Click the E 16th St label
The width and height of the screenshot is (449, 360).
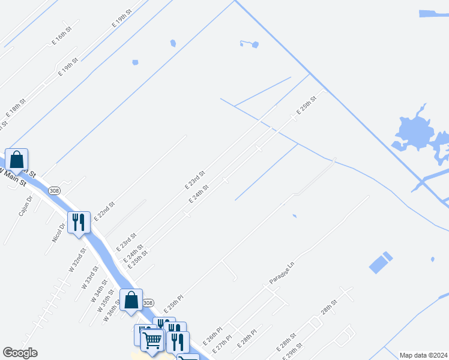[62, 35]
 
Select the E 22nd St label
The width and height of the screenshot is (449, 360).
[104, 212]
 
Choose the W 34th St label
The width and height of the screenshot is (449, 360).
[97, 284]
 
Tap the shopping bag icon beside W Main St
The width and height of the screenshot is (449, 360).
[17, 160]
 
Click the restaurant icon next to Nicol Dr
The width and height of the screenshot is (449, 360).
[79, 223]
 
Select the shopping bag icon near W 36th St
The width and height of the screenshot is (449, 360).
[131, 299]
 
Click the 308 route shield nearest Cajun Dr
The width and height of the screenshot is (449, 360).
[55, 190]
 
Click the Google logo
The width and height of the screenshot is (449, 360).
[20, 353]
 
